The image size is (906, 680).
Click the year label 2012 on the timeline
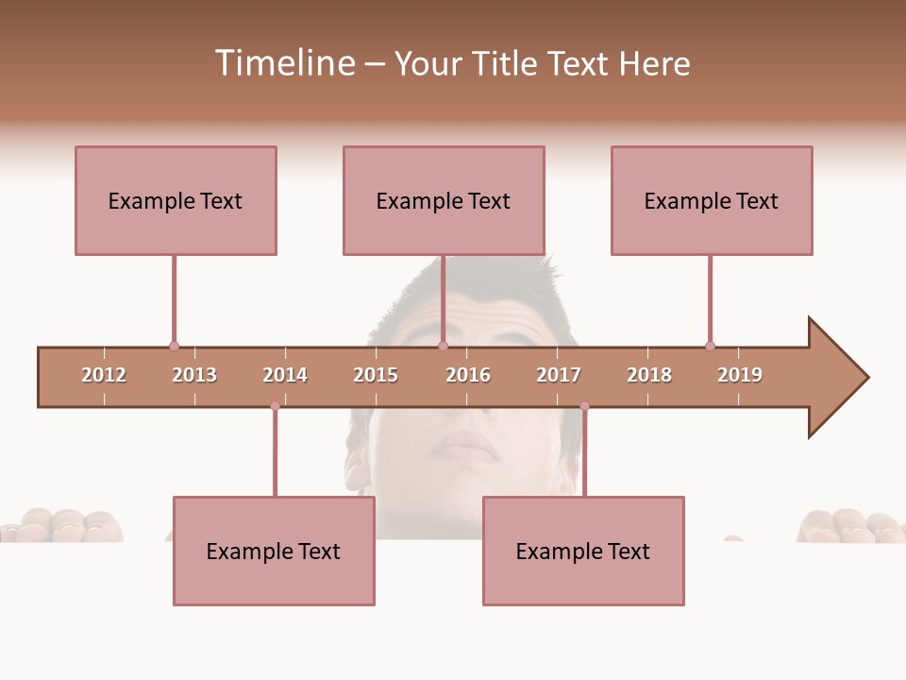click(104, 375)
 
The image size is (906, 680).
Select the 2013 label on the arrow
click(194, 375)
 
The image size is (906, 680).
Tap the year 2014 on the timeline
click(285, 375)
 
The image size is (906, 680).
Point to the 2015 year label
click(376, 375)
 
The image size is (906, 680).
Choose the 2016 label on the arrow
click(468, 375)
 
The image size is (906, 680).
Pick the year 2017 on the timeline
click(559, 375)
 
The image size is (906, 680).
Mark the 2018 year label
click(649, 375)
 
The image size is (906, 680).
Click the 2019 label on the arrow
click(740, 375)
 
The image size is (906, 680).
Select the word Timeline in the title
click(284, 63)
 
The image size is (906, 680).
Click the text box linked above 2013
click(176, 200)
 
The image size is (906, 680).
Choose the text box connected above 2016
click(444, 200)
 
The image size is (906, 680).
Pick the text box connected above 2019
click(712, 200)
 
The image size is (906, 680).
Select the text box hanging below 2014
click(274, 551)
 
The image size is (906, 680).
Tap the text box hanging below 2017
click(583, 551)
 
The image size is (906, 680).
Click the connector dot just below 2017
click(584, 406)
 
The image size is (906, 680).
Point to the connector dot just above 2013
click(174, 346)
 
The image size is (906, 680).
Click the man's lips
click(466, 446)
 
